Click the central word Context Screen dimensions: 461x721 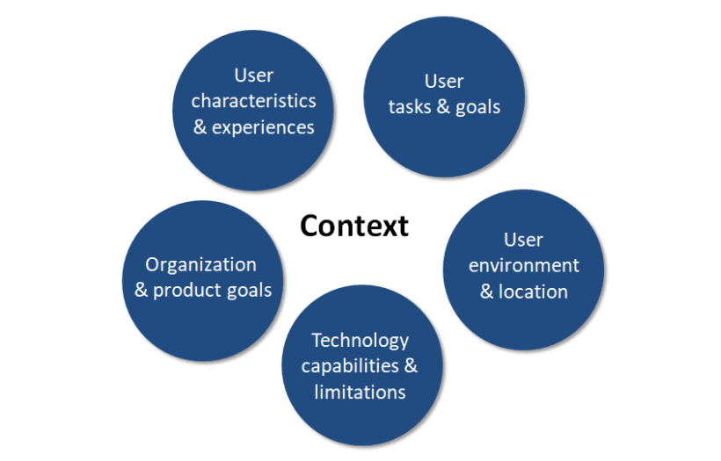tap(354, 226)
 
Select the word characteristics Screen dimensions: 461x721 tap(253, 101)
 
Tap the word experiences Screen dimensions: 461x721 tap(264, 127)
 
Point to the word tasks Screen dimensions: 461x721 tap(414, 107)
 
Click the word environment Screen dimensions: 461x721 tap(523, 265)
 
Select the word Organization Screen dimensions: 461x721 tap(201, 264)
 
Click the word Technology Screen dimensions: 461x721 tap(360, 340)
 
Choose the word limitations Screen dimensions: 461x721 tap(360, 392)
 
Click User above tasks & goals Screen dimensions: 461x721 tap(444, 82)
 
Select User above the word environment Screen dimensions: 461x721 tap(523, 240)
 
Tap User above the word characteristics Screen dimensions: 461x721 tap(253, 76)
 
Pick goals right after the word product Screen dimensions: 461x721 tap(250, 290)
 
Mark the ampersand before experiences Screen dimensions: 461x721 tap(200, 127)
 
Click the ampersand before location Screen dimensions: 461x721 tap(487, 292)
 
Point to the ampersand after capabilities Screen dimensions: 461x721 tap(411, 365)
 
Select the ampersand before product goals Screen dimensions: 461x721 tap(142, 290)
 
